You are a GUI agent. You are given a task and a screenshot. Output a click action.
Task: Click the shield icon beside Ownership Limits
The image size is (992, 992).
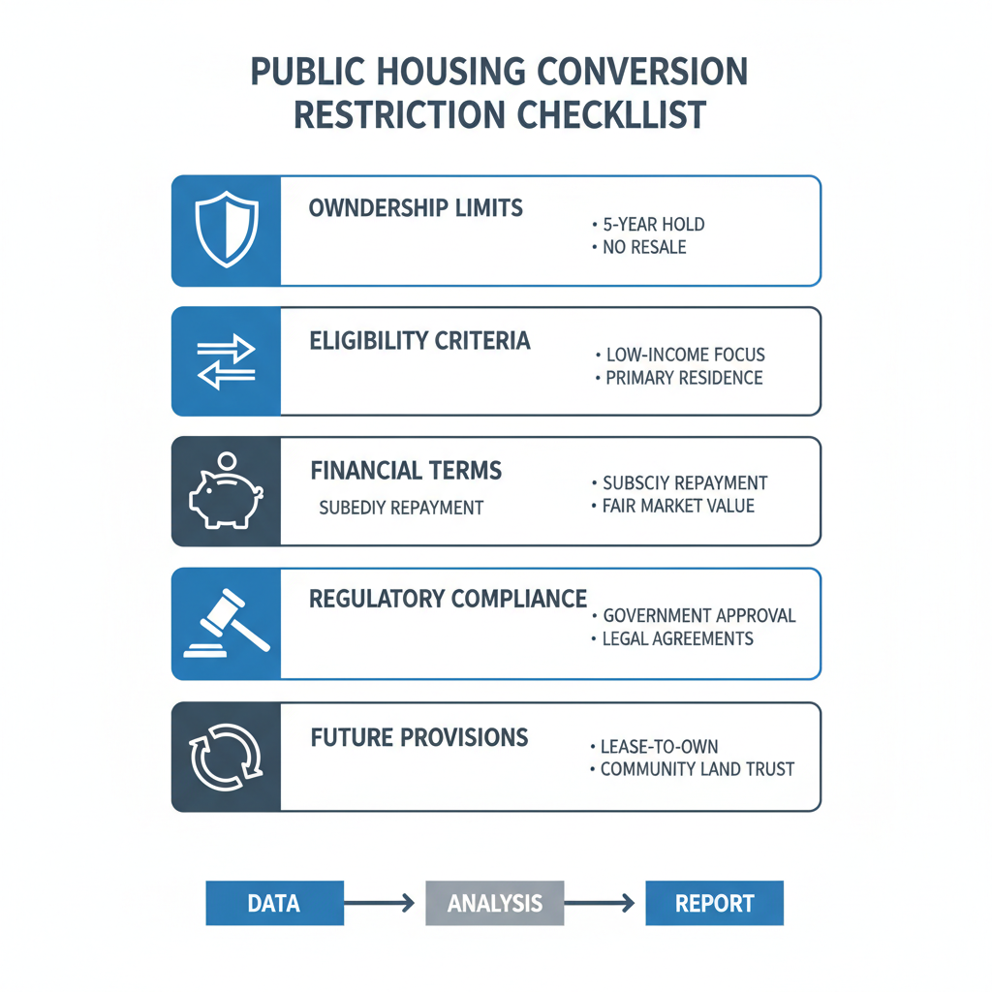[x=227, y=231]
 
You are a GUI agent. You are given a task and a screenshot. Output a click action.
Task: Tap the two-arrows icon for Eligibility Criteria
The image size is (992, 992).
[x=226, y=361]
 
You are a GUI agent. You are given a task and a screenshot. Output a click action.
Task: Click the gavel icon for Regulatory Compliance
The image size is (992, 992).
[x=227, y=624]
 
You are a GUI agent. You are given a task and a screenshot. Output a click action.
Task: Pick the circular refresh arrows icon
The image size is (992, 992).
[x=226, y=757]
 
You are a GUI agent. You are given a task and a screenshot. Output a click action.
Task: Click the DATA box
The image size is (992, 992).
[x=274, y=903]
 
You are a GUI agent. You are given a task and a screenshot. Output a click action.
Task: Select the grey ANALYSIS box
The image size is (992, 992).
[x=494, y=903]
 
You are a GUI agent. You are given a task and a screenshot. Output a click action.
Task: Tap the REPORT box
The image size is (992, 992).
[x=714, y=903]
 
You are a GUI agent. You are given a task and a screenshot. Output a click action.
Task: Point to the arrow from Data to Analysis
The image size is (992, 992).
[x=380, y=903]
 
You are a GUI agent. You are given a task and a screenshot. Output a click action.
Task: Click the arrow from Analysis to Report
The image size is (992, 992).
[x=600, y=903]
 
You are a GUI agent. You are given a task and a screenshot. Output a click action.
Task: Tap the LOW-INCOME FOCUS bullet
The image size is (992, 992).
[x=682, y=355]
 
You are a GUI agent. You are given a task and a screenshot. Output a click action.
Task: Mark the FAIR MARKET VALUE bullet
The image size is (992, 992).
[x=677, y=506]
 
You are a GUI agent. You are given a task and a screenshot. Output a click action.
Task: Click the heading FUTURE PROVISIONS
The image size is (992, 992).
[x=419, y=737]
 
